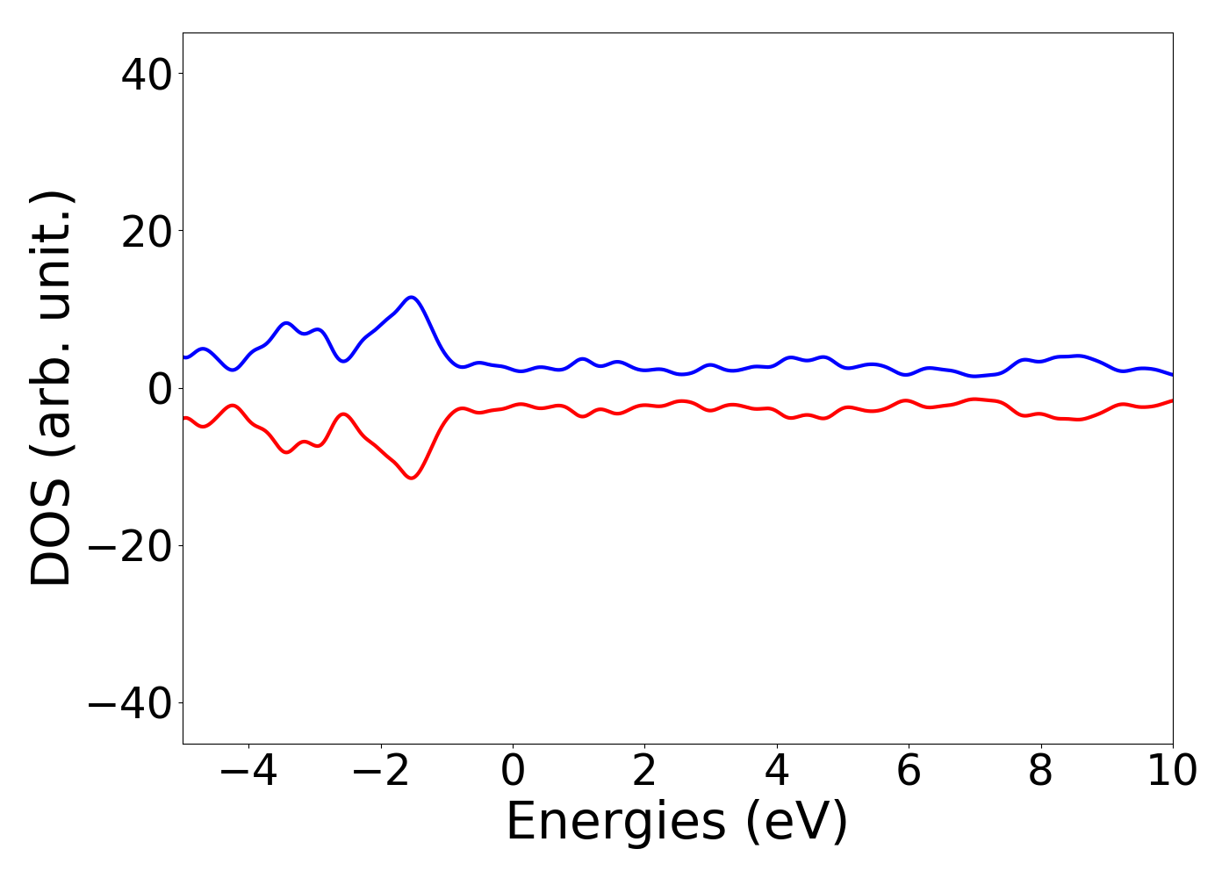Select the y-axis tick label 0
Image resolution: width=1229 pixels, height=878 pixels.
coord(159,389)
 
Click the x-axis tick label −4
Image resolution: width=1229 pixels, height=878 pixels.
coord(248,772)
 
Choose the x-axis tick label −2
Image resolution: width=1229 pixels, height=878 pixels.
coord(380,772)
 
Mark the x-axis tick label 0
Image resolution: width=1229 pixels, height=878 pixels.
coord(513,772)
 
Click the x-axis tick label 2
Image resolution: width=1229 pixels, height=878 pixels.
coord(644,772)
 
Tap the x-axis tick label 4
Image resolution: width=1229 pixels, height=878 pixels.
coord(777,772)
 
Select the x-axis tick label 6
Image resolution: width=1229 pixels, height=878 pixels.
coord(909,772)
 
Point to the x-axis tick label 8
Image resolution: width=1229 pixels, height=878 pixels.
coord(1040,772)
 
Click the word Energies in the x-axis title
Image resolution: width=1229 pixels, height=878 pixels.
coord(615,824)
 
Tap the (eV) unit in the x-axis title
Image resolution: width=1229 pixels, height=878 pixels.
coord(796,824)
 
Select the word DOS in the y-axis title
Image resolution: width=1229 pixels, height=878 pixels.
coord(51,536)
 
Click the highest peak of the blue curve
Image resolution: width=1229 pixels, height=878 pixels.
coord(411,298)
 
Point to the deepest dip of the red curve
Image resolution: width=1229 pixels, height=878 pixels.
coord(411,478)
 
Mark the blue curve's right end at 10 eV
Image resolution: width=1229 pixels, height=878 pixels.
coord(1171,375)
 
